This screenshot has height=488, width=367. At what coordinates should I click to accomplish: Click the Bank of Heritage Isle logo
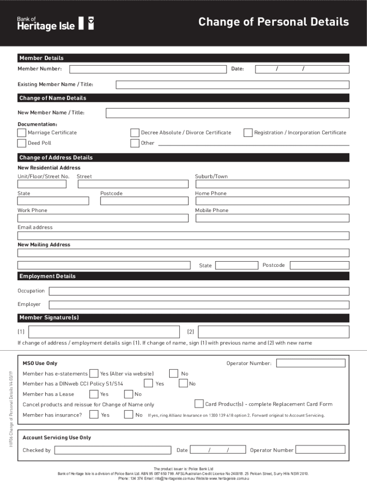click(55, 23)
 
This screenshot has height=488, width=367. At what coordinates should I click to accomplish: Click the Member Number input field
click(148, 70)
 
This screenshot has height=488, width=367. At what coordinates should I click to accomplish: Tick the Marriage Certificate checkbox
click(22, 132)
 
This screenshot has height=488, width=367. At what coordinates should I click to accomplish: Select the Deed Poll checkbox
click(22, 143)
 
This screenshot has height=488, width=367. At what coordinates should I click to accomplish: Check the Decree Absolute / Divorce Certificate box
click(135, 132)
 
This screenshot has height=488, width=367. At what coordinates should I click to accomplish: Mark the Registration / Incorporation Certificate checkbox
click(248, 132)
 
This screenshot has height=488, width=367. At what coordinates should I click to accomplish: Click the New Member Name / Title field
click(227, 113)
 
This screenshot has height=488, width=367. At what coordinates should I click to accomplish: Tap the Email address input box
click(183, 235)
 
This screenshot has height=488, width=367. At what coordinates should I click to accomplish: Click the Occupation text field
click(199, 291)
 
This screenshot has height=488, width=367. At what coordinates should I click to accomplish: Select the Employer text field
click(199, 305)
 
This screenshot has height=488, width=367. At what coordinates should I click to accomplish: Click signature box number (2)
click(273, 332)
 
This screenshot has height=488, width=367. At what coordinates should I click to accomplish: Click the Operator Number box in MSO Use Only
click(311, 363)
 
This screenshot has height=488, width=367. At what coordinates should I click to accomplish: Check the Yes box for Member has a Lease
click(94, 394)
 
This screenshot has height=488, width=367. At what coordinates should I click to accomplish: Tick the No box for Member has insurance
click(128, 415)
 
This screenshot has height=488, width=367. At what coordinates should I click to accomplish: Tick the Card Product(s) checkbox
click(199, 404)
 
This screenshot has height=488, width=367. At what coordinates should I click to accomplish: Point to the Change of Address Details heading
click(56, 158)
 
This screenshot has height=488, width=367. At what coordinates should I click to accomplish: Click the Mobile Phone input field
click(272, 218)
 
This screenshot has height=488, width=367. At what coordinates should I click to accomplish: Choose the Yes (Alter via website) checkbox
click(94, 374)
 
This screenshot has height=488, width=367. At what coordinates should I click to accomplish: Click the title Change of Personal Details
click(274, 22)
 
